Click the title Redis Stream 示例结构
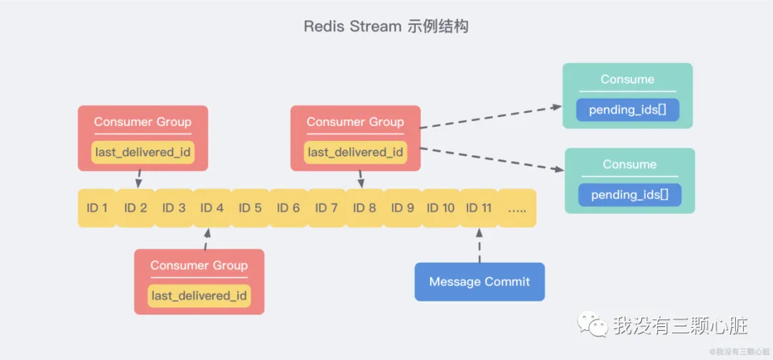[386, 26]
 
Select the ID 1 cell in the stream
[97, 208]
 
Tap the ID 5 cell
[250, 208]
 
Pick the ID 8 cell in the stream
[364, 208]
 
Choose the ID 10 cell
[440, 208]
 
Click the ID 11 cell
[479, 208]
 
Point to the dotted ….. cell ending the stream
[517, 208]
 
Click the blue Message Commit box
[480, 282]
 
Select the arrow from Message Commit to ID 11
[480, 245]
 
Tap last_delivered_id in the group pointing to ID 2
[143, 152]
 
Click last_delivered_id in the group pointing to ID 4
[199, 296]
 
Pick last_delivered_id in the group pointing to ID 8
[356, 152]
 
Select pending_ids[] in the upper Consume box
[628, 110]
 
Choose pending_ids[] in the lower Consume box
[630, 195]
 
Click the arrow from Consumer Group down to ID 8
[360, 179]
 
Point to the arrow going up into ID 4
[206, 239]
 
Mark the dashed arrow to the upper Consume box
[490, 117]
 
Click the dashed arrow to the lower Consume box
[492, 159]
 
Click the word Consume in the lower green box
[629, 164]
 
